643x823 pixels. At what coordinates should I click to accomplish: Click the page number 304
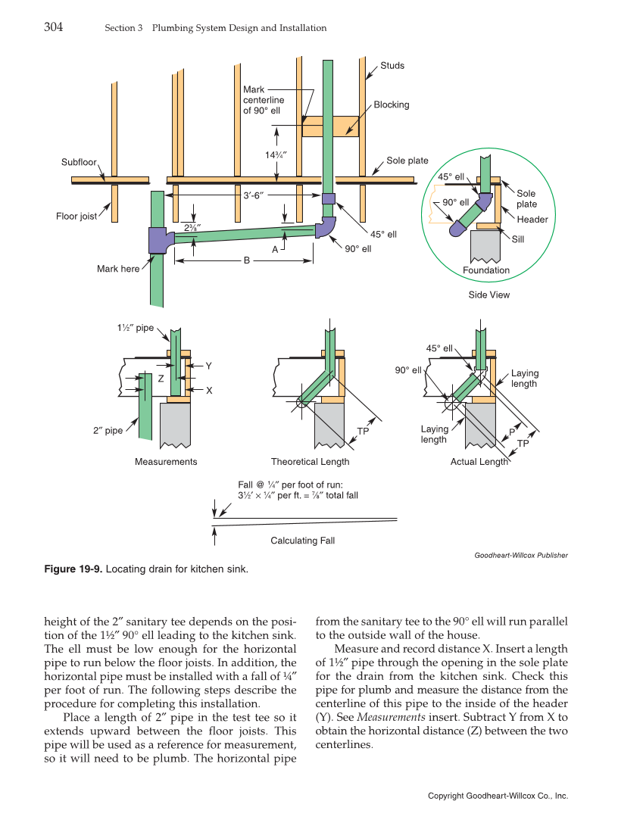[53, 27]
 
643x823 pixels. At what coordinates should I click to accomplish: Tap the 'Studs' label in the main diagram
[392, 66]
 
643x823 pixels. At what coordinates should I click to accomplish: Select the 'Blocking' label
[391, 105]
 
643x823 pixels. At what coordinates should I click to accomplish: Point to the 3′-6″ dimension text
[253, 195]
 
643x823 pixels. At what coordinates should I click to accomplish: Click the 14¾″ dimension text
[276, 155]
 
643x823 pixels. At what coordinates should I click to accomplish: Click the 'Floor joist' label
[76, 217]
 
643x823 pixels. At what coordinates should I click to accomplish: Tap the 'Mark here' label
[118, 269]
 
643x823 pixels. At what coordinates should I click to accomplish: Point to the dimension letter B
[246, 261]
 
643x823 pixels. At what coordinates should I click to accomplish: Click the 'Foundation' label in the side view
[486, 270]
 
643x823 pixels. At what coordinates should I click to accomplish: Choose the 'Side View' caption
[488, 295]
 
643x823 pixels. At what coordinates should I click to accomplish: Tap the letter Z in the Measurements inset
[161, 379]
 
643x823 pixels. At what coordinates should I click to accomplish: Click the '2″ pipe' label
[108, 431]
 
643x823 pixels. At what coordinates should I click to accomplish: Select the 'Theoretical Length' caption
[310, 462]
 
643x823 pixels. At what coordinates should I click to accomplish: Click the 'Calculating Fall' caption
[302, 541]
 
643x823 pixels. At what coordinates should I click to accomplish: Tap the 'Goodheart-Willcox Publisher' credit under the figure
[520, 555]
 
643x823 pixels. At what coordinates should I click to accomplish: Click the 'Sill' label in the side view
[518, 238]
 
